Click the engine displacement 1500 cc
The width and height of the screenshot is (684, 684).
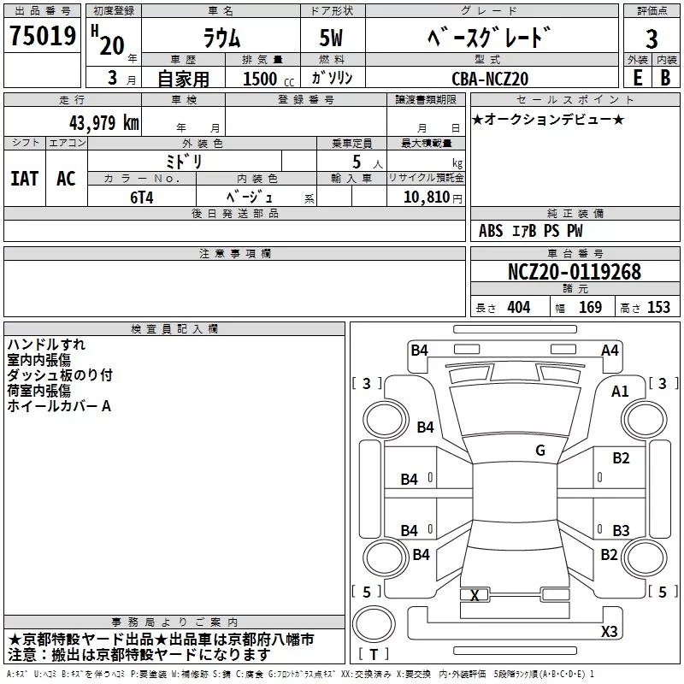click(x=261, y=79)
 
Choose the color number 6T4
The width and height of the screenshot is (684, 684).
click(x=142, y=196)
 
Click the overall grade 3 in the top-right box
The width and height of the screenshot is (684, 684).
click(x=652, y=39)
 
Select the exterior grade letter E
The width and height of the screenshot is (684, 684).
click(x=636, y=77)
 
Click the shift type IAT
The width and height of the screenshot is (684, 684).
click(x=24, y=179)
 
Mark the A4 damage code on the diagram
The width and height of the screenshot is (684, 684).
click(x=610, y=350)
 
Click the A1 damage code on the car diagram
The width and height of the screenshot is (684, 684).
click(x=620, y=391)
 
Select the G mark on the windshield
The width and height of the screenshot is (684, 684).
click(x=540, y=450)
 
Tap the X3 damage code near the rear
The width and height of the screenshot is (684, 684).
click(x=609, y=632)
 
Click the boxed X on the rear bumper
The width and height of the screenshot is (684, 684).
click(x=475, y=595)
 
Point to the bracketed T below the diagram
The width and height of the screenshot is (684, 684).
click(x=374, y=655)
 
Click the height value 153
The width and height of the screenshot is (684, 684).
click(x=658, y=308)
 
